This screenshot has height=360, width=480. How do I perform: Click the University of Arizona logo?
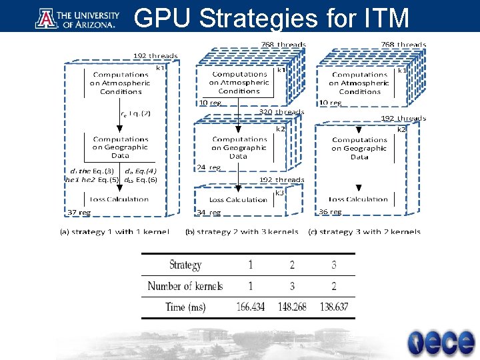[76, 19]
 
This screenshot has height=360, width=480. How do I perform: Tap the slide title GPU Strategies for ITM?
[271, 19]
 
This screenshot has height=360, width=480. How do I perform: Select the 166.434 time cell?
[251, 307]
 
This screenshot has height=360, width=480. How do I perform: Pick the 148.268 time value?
[292, 307]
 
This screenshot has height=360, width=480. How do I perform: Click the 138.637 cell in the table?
[333, 307]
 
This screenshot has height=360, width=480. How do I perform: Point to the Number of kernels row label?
[185, 286]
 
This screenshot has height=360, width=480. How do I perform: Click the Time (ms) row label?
[185, 307]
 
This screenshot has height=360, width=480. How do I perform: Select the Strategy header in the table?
[185, 265]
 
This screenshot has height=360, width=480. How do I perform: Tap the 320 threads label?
[281, 112]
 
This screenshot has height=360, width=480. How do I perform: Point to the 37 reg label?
[79, 212]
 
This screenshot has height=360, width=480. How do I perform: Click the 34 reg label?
[209, 212]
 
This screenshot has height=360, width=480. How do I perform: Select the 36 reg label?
[330, 211]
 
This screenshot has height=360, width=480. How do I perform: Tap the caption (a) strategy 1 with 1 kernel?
[115, 232]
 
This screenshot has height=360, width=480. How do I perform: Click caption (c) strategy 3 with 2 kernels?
[364, 232]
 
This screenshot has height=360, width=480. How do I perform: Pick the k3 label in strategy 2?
[281, 193]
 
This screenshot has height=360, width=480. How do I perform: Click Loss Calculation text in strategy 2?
[238, 199]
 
